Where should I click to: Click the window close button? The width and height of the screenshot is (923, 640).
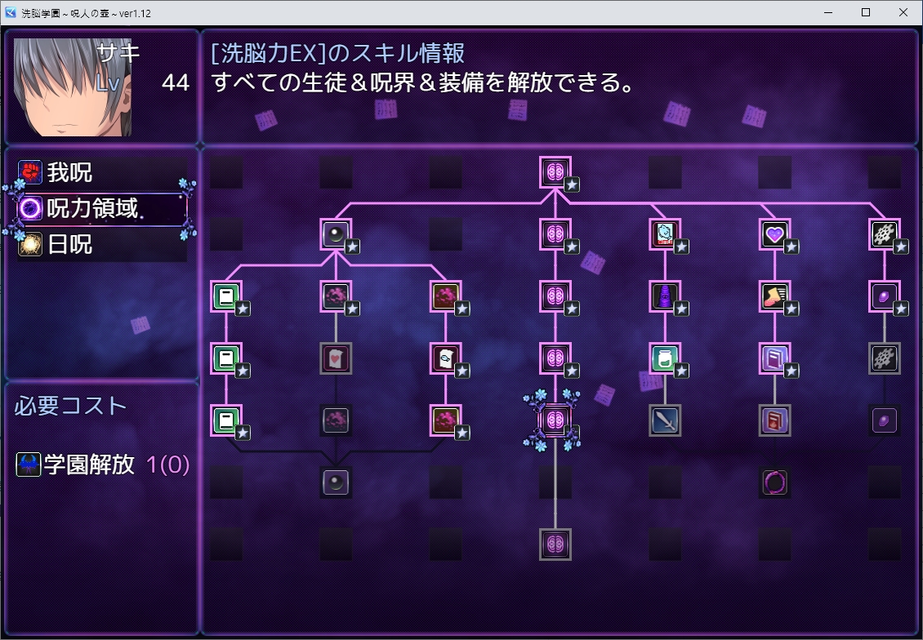pos(903,13)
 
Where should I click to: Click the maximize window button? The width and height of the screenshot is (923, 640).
pos(866,13)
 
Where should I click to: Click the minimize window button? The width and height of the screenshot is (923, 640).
pos(828,13)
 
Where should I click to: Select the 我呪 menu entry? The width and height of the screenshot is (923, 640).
pos(69,172)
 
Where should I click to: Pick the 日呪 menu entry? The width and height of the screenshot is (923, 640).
pos(69,244)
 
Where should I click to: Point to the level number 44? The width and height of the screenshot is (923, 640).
pos(175,82)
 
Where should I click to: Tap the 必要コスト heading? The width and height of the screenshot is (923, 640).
pos(70,406)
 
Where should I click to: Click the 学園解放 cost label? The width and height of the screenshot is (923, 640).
pos(89,464)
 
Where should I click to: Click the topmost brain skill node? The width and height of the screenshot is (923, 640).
pos(555,172)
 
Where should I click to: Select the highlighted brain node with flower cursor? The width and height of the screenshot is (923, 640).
pos(555,420)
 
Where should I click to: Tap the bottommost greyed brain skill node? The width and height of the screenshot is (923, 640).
pos(555,544)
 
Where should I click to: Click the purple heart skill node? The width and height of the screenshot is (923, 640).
pos(774,234)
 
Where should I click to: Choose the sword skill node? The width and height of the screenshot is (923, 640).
pos(664,420)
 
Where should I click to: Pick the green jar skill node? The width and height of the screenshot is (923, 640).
pos(664,358)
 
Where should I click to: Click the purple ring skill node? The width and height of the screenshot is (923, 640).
pos(774,482)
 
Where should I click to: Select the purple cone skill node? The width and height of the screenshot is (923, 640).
pos(664,296)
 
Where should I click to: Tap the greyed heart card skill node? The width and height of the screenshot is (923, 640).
pos(336,358)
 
